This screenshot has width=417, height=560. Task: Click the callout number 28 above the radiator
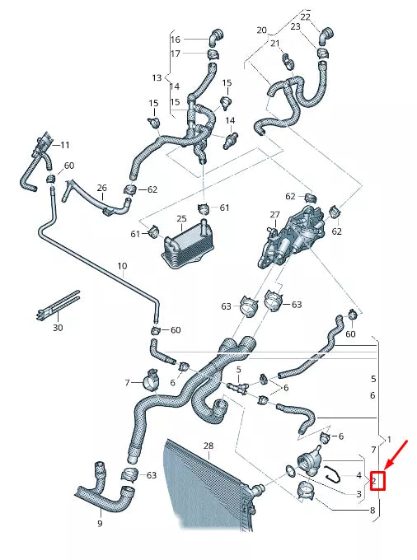pyautogui.click(x=208, y=446)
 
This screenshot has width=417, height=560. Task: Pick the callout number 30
pyautogui.click(x=57, y=328)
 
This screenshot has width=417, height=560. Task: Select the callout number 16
pyautogui.click(x=175, y=40)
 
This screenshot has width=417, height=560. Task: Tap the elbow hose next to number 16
pyautogui.click(x=213, y=37)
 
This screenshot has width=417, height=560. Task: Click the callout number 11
pyautogui.click(x=65, y=145)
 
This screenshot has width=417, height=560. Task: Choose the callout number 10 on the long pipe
pyautogui.click(x=122, y=266)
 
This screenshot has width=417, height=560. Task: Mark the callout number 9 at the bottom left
pyautogui.click(x=100, y=523)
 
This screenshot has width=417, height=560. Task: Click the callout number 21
pyautogui.click(x=276, y=44)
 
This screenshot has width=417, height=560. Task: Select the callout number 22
pyautogui.click(x=306, y=16)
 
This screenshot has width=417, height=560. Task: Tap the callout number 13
pyautogui.click(x=157, y=77)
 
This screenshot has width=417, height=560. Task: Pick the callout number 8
pyautogui.click(x=373, y=511)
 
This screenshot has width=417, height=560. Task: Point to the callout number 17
pyautogui.click(x=175, y=54)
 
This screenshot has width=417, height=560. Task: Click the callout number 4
pyautogui.click(x=358, y=476)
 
